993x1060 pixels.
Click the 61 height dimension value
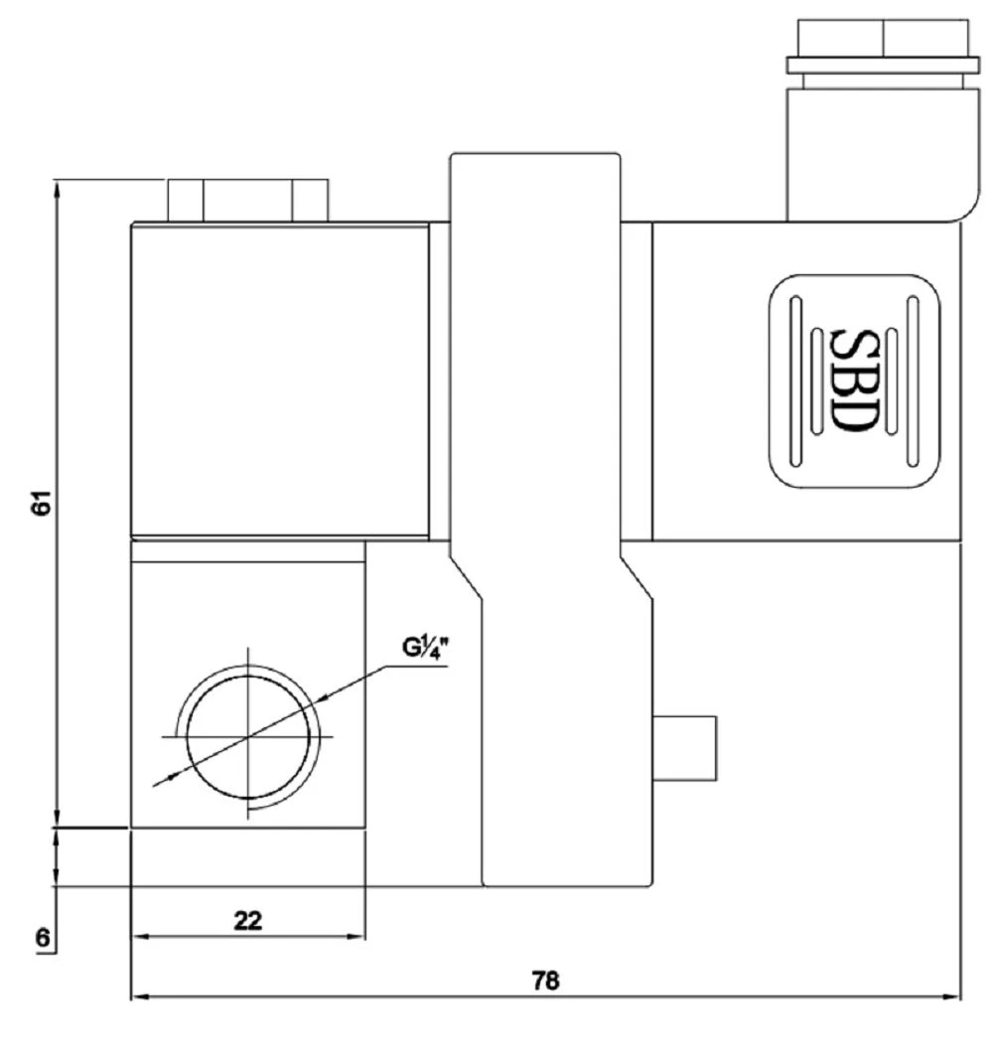[x=42, y=503]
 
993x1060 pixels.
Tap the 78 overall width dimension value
[x=546, y=981]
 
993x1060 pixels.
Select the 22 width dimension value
[x=248, y=921]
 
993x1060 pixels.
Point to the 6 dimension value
[x=43, y=938]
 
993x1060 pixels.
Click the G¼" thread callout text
[x=426, y=648]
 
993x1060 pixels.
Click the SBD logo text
[x=853, y=380]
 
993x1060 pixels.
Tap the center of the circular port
[x=248, y=736]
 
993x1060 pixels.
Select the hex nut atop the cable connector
[x=883, y=38]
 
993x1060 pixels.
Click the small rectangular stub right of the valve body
[x=684, y=748]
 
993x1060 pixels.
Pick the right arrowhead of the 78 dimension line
[x=952, y=996]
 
